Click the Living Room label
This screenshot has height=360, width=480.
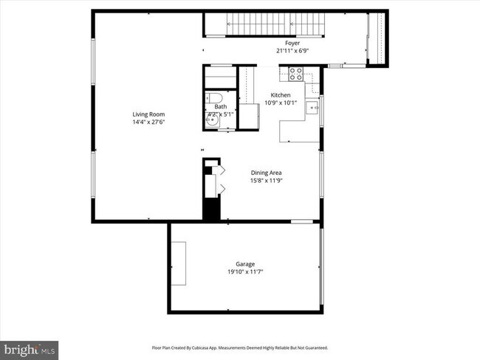pyautogui.click(x=148, y=114)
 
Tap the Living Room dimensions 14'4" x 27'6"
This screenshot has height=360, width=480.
pyautogui.click(x=148, y=122)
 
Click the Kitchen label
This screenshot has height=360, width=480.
pyautogui.click(x=281, y=95)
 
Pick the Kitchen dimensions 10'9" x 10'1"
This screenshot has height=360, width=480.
pyautogui.click(x=281, y=103)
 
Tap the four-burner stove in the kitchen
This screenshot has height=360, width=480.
pyautogui.click(x=295, y=73)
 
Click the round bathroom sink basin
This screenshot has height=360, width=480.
pyautogui.click(x=214, y=122)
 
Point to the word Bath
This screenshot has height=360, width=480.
pyautogui.click(x=221, y=107)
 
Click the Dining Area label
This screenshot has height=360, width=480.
pyautogui.click(x=265, y=172)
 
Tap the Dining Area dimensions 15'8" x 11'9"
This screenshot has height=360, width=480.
pyautogui.click(x=265, y=180)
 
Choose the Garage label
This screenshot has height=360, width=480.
pyautogui.click(x=245, y=263)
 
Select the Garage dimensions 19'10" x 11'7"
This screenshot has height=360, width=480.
pyautogui.click(x=245, y=271)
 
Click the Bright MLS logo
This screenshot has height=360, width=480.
pyautogui.click(x=30, y=348)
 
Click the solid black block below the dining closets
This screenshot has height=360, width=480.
pyautogui.click(x=211, y=208)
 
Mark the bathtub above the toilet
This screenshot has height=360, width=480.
pyautogui.click(x=219, y=78)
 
